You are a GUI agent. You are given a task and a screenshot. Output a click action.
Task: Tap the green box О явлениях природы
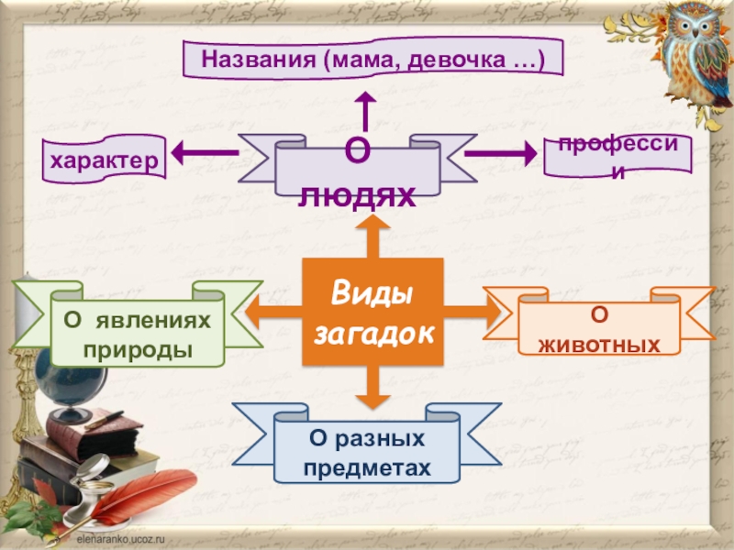137,335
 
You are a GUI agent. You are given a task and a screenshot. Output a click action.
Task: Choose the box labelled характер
103,159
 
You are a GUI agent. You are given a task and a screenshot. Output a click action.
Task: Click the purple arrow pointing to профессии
500,154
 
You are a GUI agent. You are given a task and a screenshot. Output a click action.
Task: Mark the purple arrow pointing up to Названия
365,107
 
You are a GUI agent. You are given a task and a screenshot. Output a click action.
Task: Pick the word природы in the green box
137,351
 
